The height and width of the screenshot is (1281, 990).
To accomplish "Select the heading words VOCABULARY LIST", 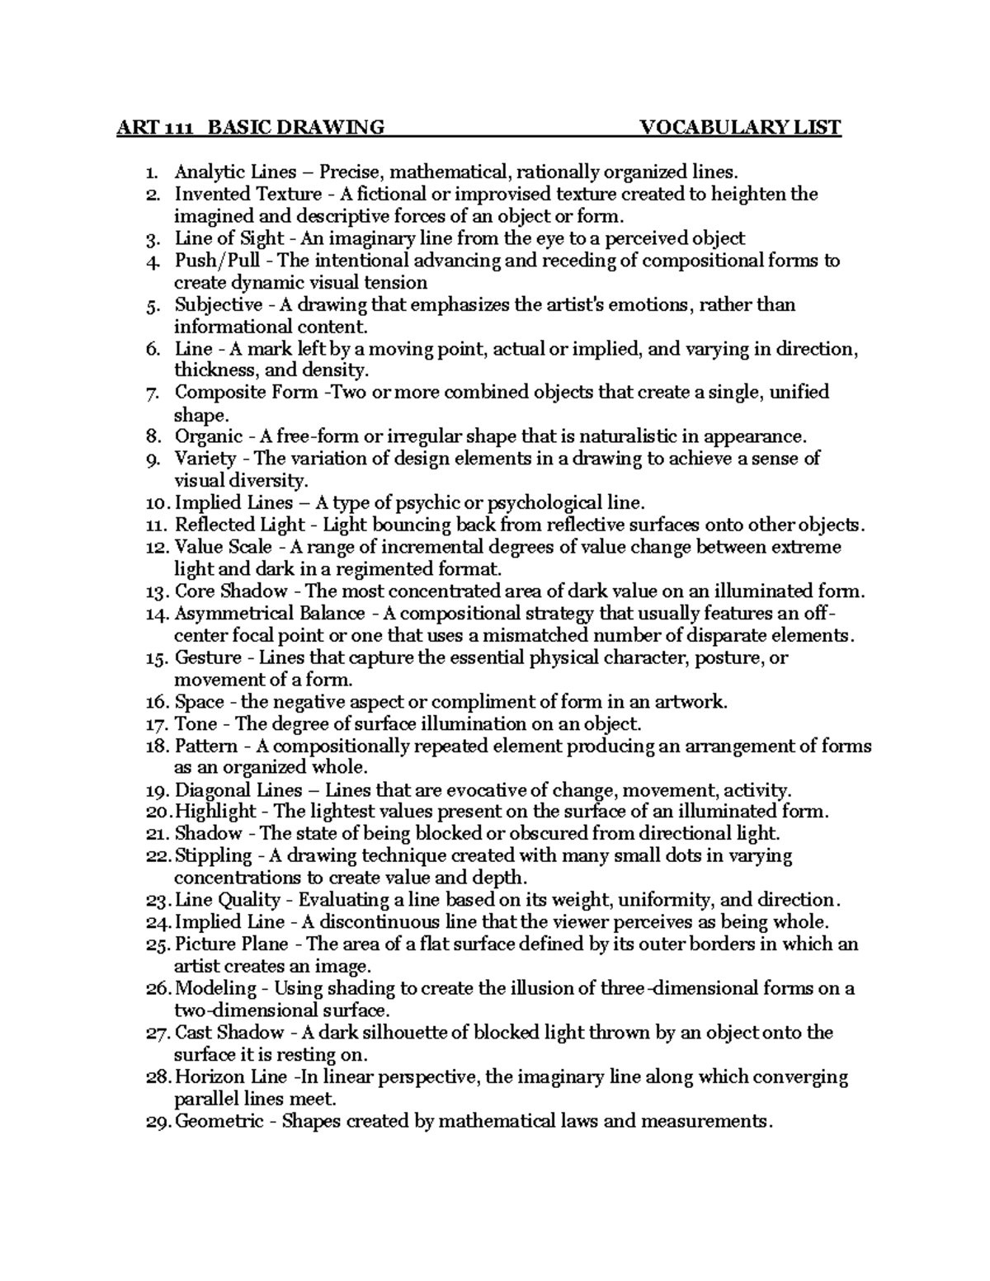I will point(741,127).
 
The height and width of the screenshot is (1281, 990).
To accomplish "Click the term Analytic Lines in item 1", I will point(235,172).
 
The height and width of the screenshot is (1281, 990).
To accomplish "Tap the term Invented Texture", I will point(247,194).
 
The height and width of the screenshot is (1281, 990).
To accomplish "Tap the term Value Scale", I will point(219,548).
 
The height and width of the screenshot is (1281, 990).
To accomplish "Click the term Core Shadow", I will point(231,591).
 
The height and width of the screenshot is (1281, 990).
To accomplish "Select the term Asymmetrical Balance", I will point(269,614).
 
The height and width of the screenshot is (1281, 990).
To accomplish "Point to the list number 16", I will point(156,703).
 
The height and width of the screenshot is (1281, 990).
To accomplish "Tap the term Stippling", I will point(213,856).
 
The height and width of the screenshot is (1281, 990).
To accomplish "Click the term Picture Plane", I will point(231,944).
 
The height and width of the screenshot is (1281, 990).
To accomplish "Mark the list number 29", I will point(158,1122).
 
